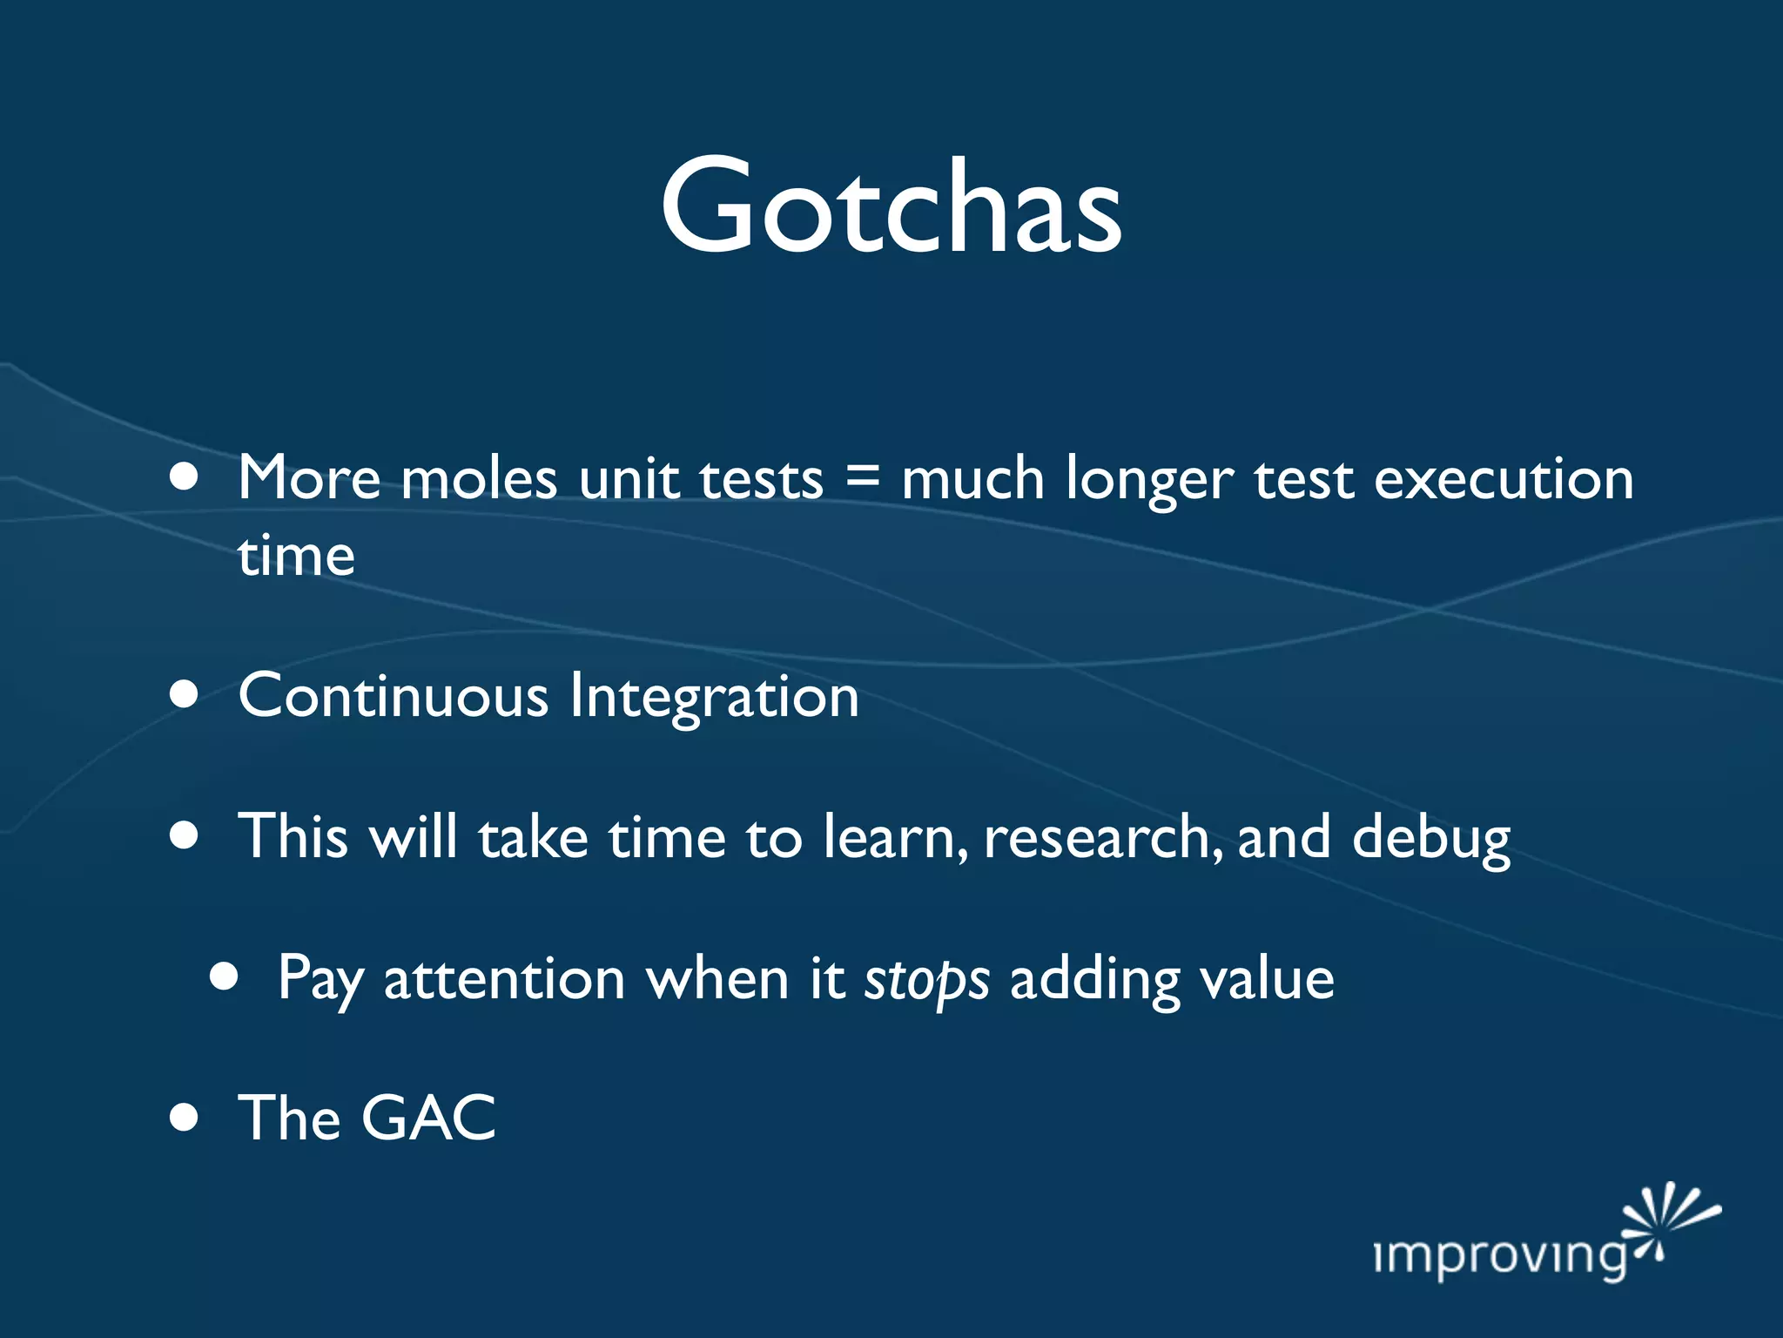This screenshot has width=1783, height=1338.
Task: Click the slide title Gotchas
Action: [x=891, y=207]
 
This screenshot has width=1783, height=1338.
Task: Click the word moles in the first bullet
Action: [x=479, y=480]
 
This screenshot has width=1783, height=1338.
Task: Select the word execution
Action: [x=1504, y=480]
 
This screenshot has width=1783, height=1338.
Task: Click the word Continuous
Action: [x=394, y=697]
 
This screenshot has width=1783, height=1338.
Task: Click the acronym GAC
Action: [x=428, y=1118]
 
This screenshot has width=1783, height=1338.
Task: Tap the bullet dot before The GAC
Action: [x=184, y=1118]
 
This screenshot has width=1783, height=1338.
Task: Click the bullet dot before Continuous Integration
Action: [x=184, y=695]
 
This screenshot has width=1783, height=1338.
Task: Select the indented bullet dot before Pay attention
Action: [x=224, y=977]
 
